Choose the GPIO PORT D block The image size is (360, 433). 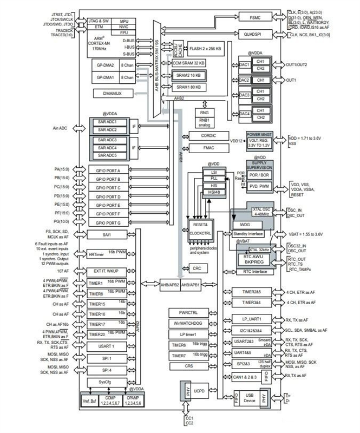coord(108,195)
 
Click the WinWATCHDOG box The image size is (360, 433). coord(186,324)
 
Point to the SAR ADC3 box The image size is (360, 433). coord(108,140)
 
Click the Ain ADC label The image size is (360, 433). coord(59,128)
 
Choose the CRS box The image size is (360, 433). coord(186,366)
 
